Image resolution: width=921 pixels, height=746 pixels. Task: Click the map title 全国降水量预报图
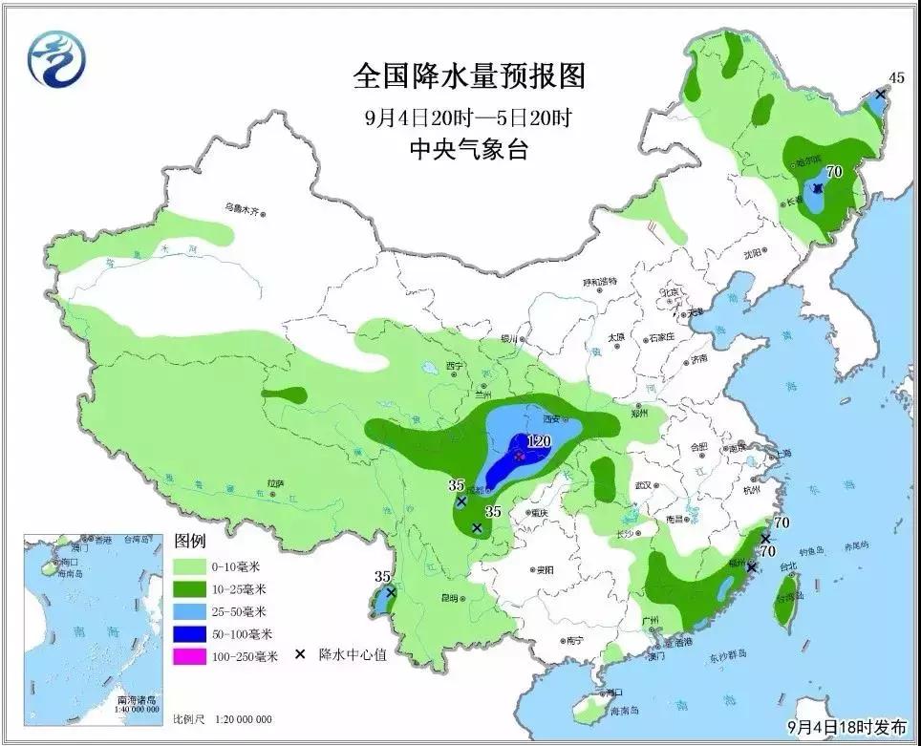pyautogui.click(x=468, y=75)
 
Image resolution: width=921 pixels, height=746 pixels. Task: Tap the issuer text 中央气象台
pyautogui.click(x=468, y=149)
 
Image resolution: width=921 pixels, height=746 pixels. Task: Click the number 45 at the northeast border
pyautogui.click(x=896, y=77)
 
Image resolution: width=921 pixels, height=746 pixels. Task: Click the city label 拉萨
pyautogui.click(x=276, y=484)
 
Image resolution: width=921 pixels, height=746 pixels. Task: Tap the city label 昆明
pyautogui.click(x=448, y=598)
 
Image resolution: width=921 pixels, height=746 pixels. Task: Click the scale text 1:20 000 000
pyautogui.click(x=239, y=718)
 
